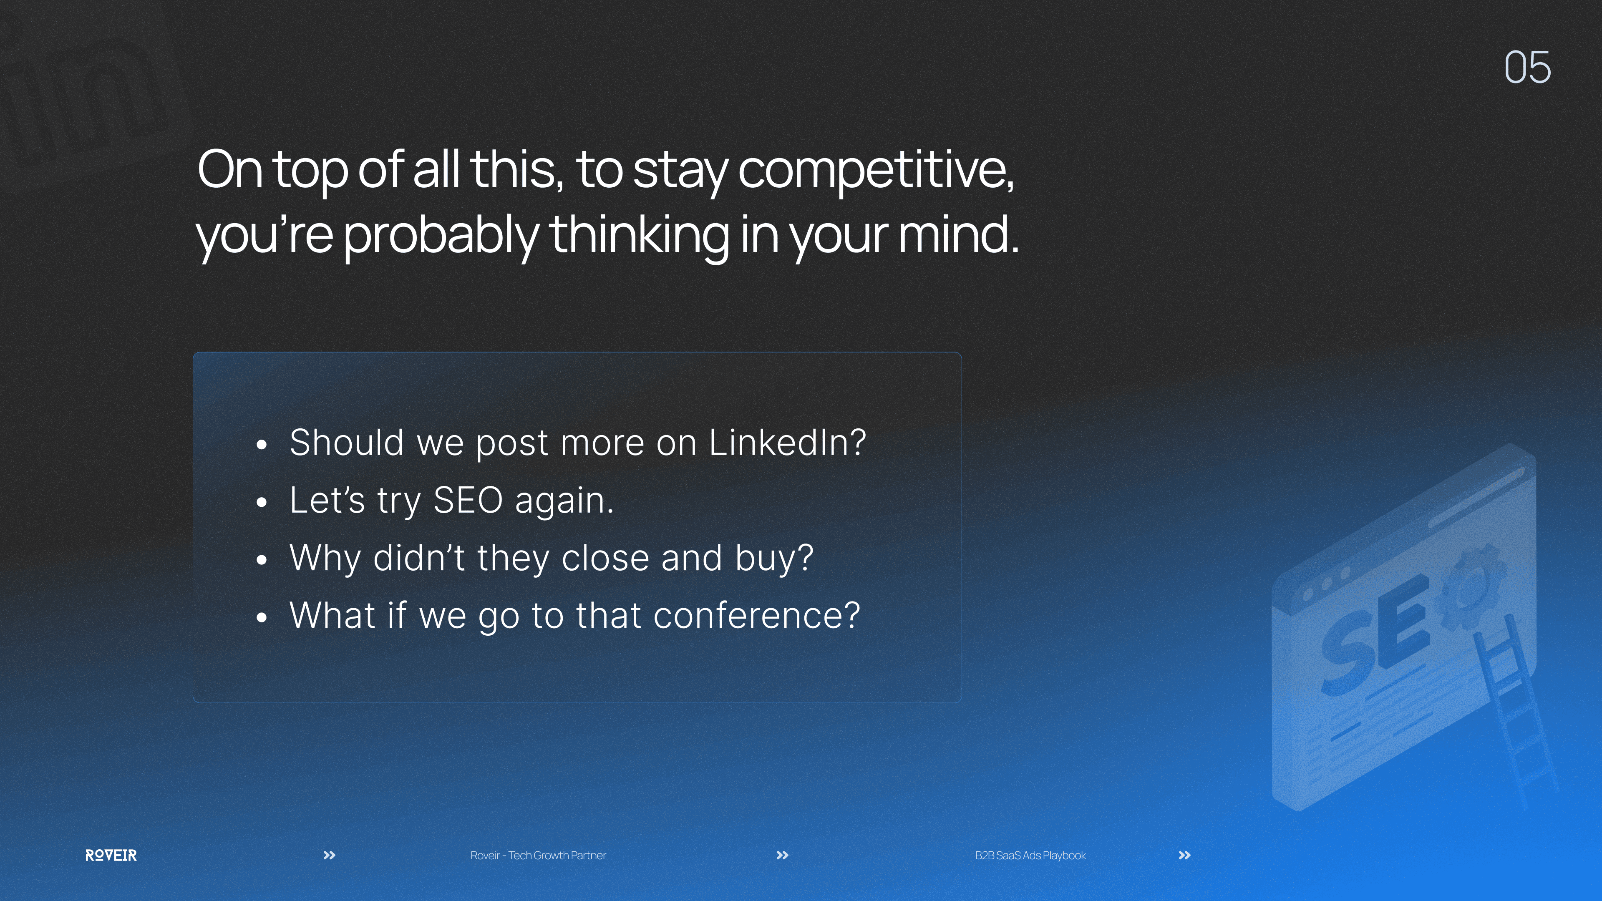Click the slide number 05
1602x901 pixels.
pyautogui.click(x=1527, y=67)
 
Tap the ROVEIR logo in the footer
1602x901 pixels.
pyautogui.click(x=111, y=856)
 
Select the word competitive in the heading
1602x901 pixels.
pyautogui.click(x=876, y=171)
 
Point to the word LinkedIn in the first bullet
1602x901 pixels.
pyautogui.click(x=787, y=443)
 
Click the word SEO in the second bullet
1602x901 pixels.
pyautogui.click(x=468, y=501)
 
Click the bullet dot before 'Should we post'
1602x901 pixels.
pyautogui.click(x=262, y=445)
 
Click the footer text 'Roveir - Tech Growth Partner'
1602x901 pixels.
pyautogui.click(x=538, y=856)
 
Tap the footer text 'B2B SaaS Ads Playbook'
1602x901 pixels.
pyautogui.click(x=1030, y=856)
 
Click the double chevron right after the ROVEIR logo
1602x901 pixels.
pyautogui.click(x=330, y=856)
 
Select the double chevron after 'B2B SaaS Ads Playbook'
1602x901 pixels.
pyautogui.click(x=1185, y=856)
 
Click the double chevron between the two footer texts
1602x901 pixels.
pyautogui.click(x=782, y=856)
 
